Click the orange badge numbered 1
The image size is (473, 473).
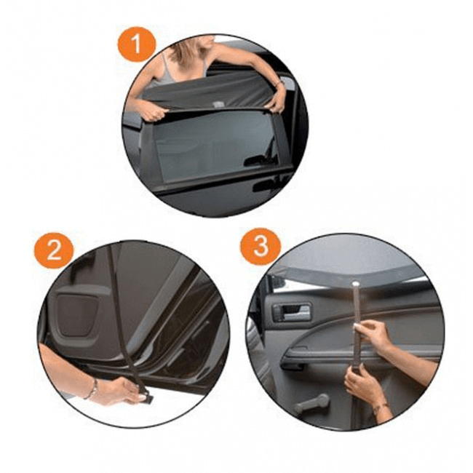(137, 44)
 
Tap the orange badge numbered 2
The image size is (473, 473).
(54, 250)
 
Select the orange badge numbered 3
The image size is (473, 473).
(261, 247)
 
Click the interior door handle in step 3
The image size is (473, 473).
(291, 311)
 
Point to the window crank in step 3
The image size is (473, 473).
(311, 403)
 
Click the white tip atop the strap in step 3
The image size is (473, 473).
(357, 284)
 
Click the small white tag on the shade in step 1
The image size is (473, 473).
(218, 105)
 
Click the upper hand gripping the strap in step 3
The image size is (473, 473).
(373, 334)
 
